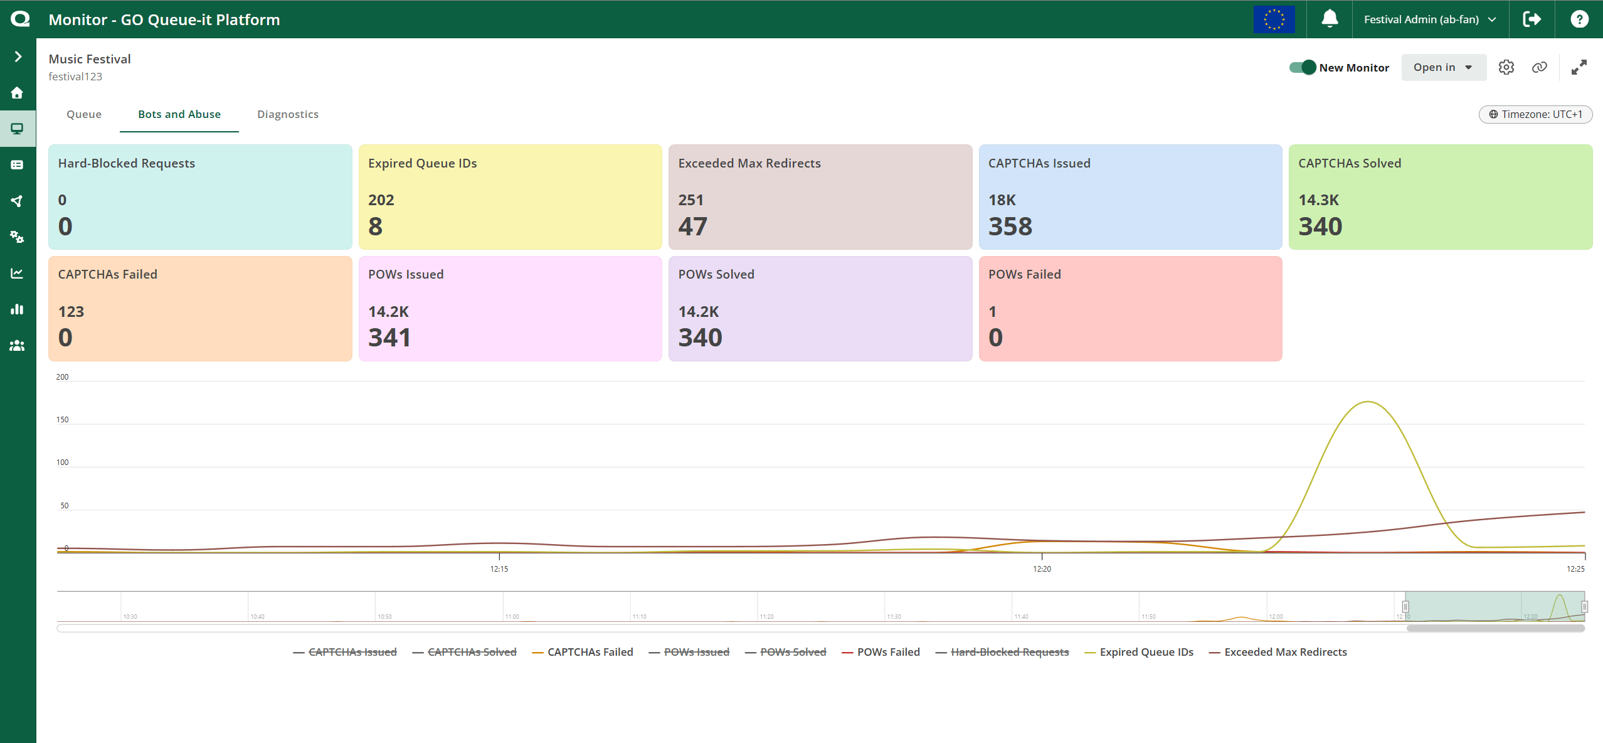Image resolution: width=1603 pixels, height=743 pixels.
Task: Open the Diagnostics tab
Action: tap(288, 114)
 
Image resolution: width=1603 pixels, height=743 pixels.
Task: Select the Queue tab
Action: tap(84, 114)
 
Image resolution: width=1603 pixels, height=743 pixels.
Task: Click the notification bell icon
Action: tap(1329, 19)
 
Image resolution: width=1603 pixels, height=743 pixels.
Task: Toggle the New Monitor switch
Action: tap(1303, 67)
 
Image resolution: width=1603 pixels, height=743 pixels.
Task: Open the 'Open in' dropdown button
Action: tap(1442, 67)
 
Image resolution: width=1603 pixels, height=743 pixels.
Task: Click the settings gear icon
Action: tap(1506, 67)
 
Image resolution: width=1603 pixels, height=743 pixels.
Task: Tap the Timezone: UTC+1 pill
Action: tap(1535, 114)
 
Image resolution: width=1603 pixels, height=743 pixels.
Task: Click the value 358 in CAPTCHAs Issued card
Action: tap(1010, 227)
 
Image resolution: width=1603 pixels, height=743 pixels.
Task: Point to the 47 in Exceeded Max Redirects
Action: tap(692, 227)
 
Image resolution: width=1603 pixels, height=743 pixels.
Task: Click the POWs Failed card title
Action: tap(1024, 274)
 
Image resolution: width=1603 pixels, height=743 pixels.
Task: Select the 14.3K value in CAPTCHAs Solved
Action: tap(1318, 200)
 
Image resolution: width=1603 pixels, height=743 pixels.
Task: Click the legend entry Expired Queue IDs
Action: tap(1146, 652)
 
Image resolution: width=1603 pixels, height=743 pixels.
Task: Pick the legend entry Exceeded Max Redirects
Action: tap(1285, 652)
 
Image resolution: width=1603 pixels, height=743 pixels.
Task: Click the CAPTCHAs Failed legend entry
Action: tap(590, 652)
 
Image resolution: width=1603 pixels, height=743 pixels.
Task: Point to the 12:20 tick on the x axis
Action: tap(1042, 569)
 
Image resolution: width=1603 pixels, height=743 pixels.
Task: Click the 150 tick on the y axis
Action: tap(63, 420)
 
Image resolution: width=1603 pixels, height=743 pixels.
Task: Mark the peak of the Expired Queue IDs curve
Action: tap(1367, 402)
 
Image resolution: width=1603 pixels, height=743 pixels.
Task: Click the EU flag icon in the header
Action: tap(1274, 19)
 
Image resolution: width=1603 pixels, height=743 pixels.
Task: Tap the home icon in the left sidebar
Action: tap(18, 93)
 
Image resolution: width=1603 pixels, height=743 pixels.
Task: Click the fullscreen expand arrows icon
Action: tap(1579, 67)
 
